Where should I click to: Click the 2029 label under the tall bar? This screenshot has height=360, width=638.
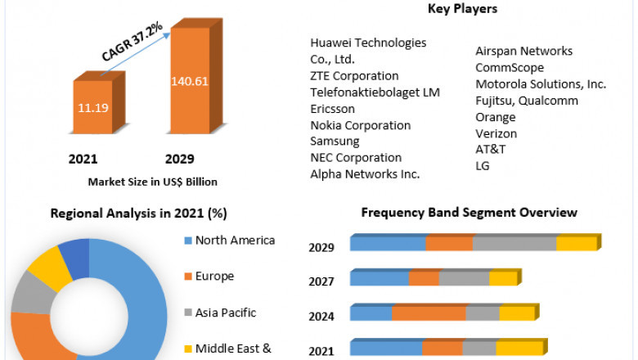pos(179,159)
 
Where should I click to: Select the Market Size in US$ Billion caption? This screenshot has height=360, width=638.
pos(152,182)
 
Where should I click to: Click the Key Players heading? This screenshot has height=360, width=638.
pos(462,9)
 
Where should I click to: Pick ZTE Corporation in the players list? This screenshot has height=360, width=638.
pos(354,76)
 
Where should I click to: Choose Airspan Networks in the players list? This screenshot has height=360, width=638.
pos(523,51)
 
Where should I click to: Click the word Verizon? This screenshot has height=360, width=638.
pos(496,133)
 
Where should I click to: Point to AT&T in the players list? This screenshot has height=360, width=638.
pos(491,150)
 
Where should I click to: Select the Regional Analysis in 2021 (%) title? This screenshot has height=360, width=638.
pos(139,214)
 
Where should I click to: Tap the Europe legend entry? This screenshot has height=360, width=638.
pos(214,277)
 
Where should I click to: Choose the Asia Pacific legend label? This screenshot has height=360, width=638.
pos(226,313)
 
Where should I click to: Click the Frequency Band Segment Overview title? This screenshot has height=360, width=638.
pos(470,213)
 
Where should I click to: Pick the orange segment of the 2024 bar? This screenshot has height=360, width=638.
pos(429,313)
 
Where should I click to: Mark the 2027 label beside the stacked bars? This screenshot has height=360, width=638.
pos(321,282)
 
